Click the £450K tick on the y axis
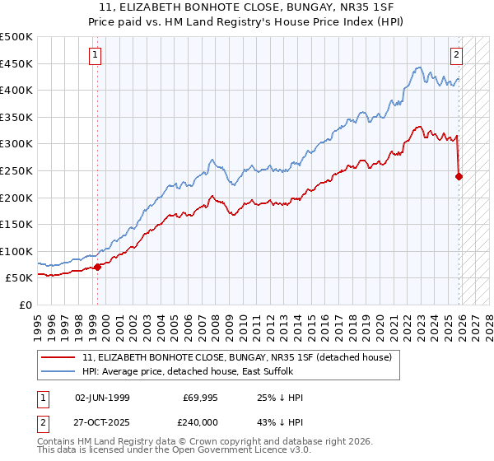(16, 63)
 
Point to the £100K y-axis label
(16, 251)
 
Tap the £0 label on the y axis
(25, 305)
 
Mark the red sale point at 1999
(98, 267)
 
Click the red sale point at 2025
(459, 175)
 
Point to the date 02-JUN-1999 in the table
(102, 398)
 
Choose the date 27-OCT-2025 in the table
(102, 421)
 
